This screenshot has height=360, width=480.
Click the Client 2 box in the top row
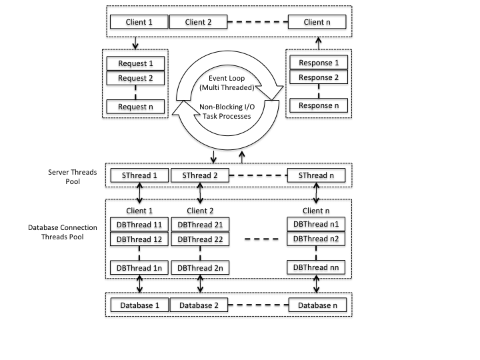[199, 22]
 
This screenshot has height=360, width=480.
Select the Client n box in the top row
[317, 22]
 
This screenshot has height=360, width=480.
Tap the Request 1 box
[135, 63]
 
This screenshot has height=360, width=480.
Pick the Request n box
[135, 107]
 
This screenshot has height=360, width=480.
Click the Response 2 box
[319, 77]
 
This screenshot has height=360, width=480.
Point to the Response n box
[319, 105]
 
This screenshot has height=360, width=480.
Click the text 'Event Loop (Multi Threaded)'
[227, 83]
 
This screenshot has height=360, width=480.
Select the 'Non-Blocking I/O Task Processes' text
[227, 111]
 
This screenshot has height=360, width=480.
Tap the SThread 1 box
[139, 175]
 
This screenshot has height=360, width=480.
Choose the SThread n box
[316, 175]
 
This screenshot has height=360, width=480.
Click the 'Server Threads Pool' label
[73, 177]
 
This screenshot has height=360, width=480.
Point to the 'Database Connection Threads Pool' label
[63, 232]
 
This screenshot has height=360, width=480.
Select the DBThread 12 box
[139, 239]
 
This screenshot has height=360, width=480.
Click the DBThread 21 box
[200, 225]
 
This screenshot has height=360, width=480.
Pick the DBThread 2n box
[200, 268]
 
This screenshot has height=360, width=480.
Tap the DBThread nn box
[316, 267]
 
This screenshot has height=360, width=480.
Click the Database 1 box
[139, 305]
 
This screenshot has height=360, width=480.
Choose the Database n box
[317, 305]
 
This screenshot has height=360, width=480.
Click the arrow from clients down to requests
[135, 43]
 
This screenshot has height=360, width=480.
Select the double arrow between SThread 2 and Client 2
[200, 193]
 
